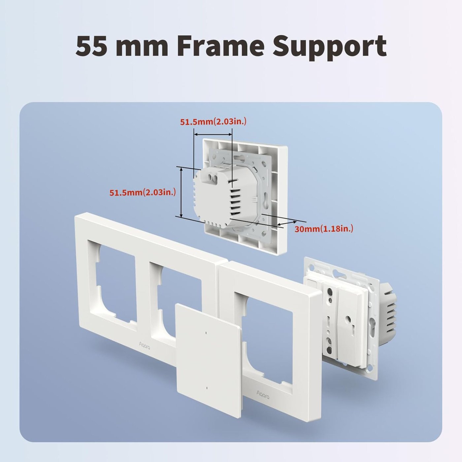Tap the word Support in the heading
pos(329,46)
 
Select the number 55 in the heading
pos(91,46)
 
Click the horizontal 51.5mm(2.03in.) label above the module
pos(213,121)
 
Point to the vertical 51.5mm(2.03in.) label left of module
pos(143,192)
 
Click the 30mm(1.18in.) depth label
pos(324,228)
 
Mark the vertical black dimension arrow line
pos(181,192)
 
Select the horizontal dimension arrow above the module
pos(213,134)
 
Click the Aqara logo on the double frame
pos(144,346)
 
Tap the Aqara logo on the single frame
pos(263,393)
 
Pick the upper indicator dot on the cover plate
pos(206,332)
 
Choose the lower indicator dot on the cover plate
pos(206,388)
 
